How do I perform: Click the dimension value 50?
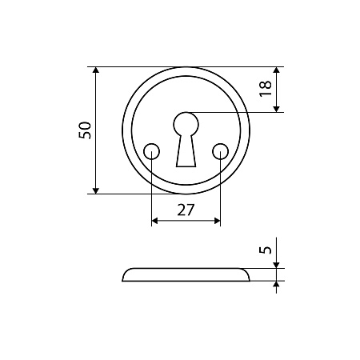coord(85,130)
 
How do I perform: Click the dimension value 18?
coord(266,88)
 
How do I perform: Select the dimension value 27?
coord(186,210)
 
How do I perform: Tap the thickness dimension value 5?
coord(266,250)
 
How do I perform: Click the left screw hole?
coord(151,152)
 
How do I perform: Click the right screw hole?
coord(221,152)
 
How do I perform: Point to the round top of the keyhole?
coord(186,124)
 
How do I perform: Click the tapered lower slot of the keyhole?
coord(186,151)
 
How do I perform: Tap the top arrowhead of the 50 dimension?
coord(96,70)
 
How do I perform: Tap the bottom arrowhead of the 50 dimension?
coord(96,190)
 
